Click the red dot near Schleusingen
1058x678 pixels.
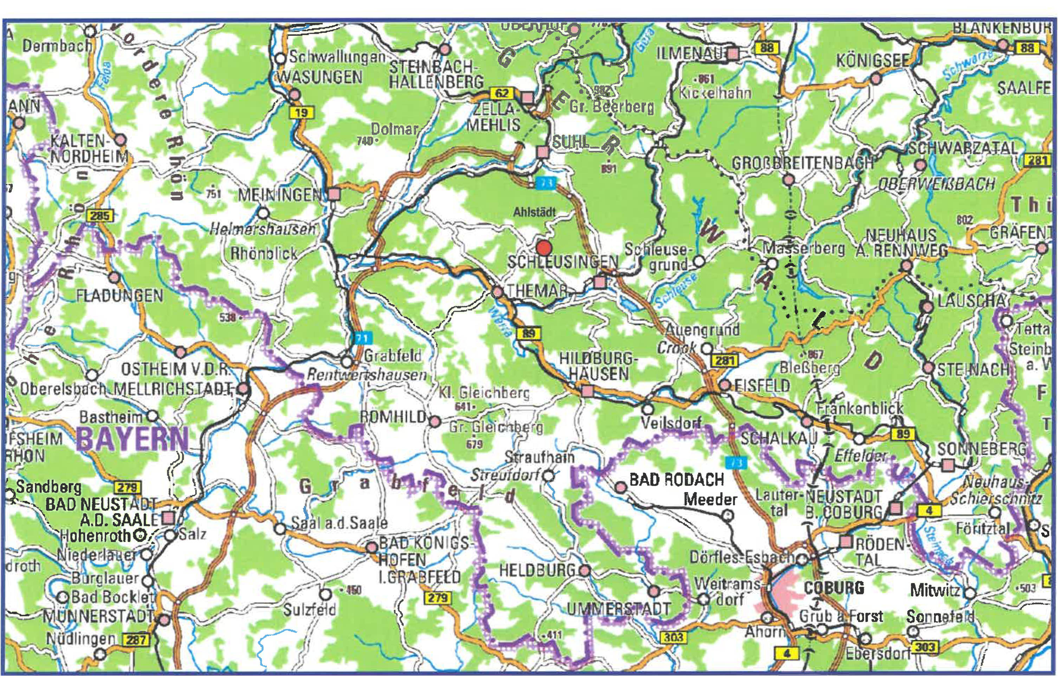click(544, 248)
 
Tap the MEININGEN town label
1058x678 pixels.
click(279, 195)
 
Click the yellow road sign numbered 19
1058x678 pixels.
click(301, 113)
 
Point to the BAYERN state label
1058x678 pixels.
click(133, 439)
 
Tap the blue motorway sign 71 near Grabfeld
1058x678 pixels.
click(362, 338)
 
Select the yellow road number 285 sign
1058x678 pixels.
click(101, 216)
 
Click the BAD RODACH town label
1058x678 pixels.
click(676, 479)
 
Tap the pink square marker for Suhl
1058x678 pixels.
click(543, 152)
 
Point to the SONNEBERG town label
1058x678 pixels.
click(981, 449)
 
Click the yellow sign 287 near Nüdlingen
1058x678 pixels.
click(136, 640)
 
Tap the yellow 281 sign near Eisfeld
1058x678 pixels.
click(724, 361)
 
